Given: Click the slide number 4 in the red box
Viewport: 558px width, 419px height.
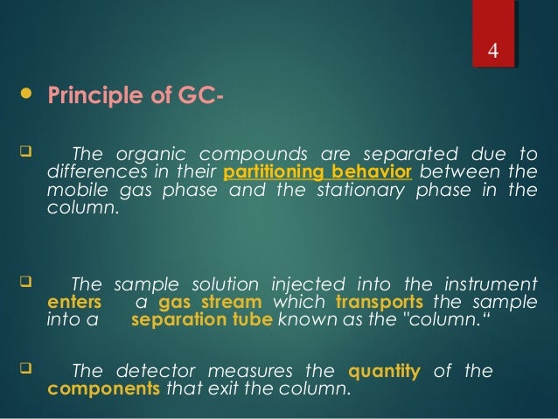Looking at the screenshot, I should point(492,50).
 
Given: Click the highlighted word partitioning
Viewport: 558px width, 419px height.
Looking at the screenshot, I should point(266,169).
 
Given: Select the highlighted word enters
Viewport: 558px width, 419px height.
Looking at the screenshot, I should point(66,302).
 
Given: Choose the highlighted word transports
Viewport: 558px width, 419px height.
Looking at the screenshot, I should point(373,302).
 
